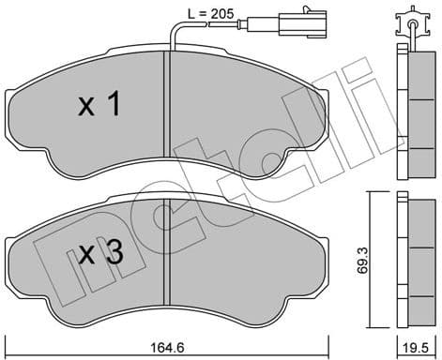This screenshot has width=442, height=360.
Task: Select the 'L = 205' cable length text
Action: tap(203, 12)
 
